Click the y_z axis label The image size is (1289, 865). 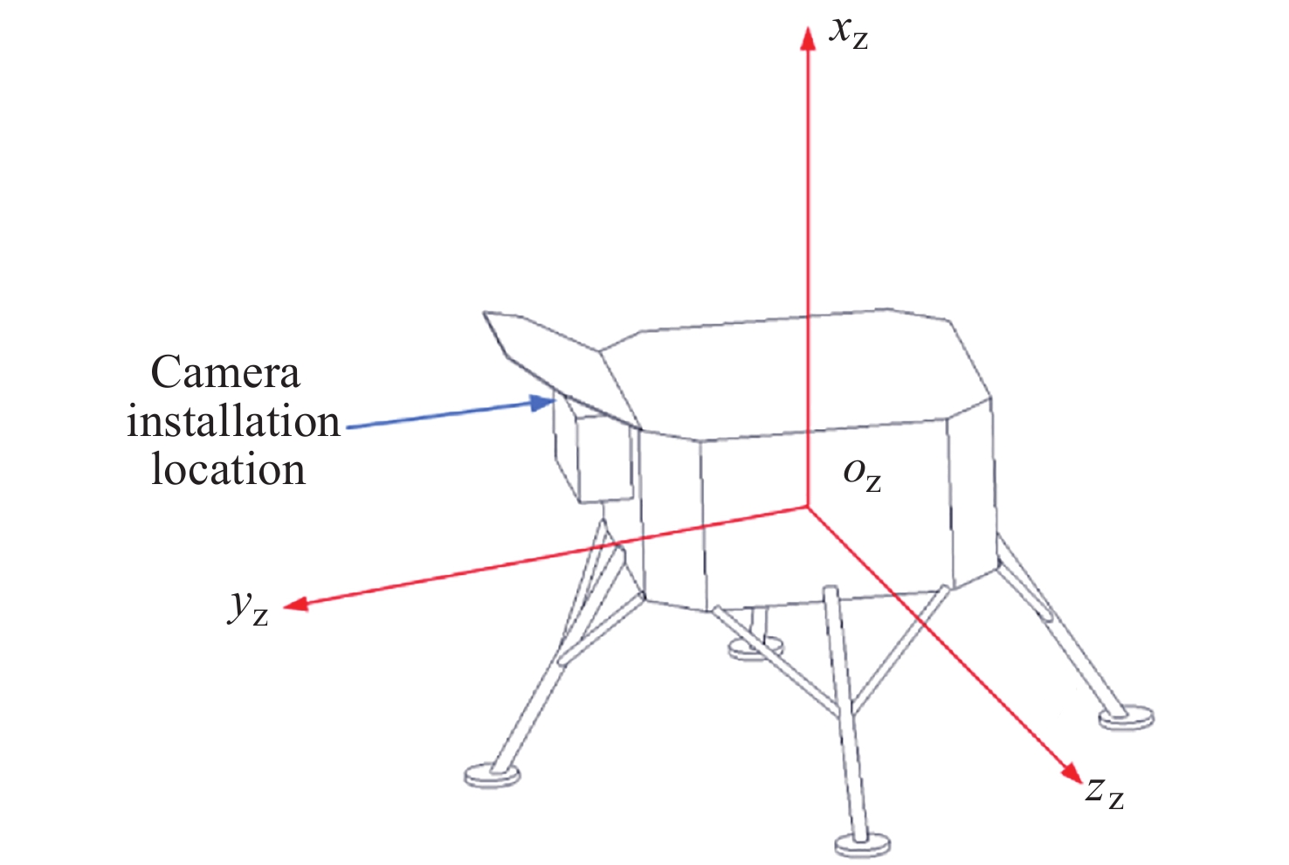click(x=247, y=605)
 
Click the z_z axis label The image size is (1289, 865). click(x=1104, y=791)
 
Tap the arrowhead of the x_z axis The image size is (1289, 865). click(x=808, y=37)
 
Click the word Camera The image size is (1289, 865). click(x=225, y=373)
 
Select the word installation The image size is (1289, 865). click(x=233, y=422)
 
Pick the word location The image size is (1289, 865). click(x=228, y=469)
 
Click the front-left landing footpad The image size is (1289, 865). click(x=493, y=774)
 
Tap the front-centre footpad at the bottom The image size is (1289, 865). click(x=862, y=845)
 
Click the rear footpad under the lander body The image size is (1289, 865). click(x=755, y=648)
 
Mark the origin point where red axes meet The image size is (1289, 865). click(x=808, y=507)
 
